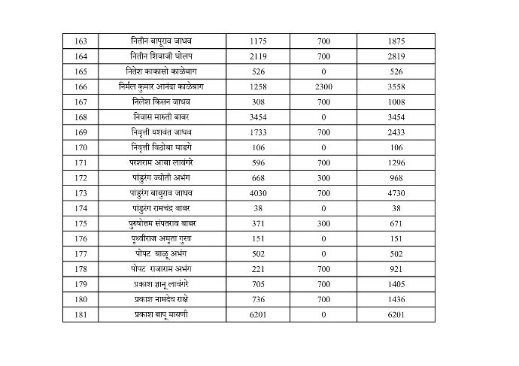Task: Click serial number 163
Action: coord(81,41)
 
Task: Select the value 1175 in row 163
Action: coord(258,41)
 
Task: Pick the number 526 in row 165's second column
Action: coord(258,71)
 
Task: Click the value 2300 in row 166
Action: coord(323,86)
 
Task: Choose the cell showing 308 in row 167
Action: coord(258,102)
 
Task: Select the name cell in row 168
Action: coord(162,117)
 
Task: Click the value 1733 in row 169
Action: coord(258,132)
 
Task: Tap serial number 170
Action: coord(81,147)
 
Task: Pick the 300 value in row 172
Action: coord(323,177)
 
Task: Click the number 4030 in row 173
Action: coord(258,193)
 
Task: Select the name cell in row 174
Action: coord(162,208)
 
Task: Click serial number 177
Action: coord(81,254)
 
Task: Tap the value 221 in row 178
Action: coord(258,269)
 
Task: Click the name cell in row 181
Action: coord(162,314)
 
